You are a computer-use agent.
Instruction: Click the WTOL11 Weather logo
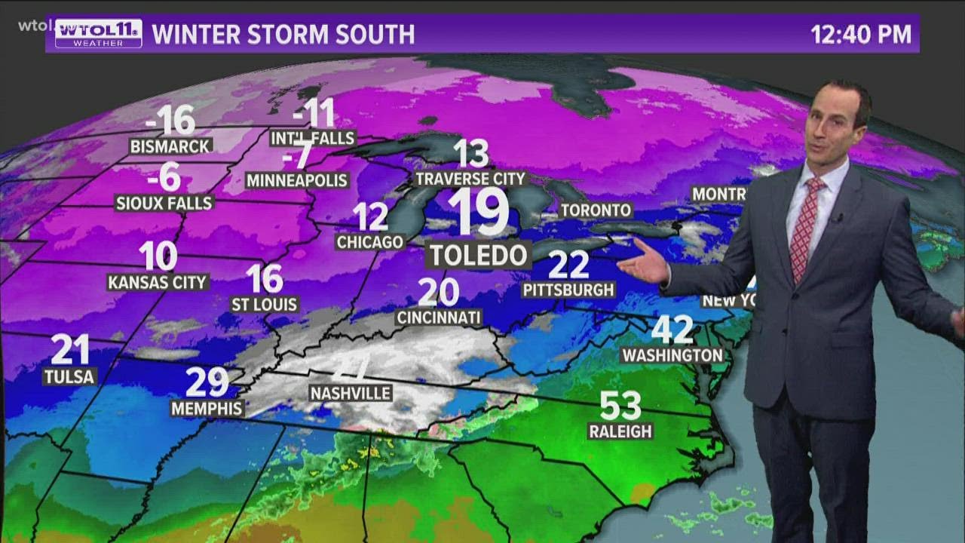coord(98,34)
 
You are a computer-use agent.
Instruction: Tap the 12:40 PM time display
coord(860,35)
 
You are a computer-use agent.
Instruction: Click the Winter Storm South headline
coord(283,35)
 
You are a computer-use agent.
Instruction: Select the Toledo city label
coord(479,255)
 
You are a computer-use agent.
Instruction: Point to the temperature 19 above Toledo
coord(478,213)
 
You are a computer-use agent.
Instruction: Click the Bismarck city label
coord(170,146)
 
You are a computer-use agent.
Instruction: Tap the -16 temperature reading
coord(170,120)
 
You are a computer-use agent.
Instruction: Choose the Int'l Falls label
coord(313,138)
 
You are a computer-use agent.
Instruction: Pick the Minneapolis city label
coord(297,180)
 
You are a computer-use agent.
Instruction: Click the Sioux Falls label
coord(164,202)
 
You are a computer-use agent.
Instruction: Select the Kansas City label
coord(158,282)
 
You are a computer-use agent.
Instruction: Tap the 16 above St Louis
coord(265,279)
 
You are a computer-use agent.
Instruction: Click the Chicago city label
coord(370,242)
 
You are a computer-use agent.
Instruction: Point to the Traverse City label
coord(470,179)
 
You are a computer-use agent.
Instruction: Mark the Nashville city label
coord(351,393)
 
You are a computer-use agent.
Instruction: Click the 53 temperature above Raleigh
coord(620,406)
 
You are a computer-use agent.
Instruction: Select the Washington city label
coord(672,354)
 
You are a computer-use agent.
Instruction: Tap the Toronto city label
coord(595,210)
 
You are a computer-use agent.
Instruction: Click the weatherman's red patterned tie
coord(804,226)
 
